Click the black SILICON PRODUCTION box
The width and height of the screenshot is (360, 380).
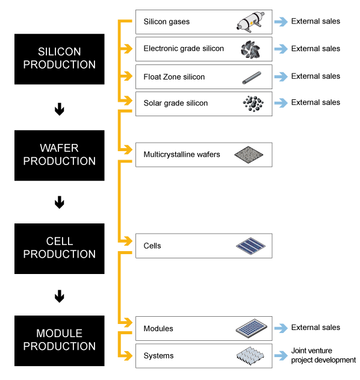(x=60, y=59)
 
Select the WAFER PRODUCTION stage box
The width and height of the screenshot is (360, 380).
(x=60, y=155)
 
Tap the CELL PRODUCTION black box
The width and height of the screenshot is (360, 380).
(x=60, y=249)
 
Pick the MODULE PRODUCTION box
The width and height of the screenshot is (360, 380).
(x=60, y=341)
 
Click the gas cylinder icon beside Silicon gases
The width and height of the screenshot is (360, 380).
(x=250, y=22)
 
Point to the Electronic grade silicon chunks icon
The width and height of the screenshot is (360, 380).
(x=250, y=49)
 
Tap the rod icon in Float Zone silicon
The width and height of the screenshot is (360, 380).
(x=252, y=78)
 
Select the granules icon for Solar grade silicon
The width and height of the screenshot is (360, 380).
(x=253, y=104)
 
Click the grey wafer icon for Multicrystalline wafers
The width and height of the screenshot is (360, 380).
(x=249, y=155)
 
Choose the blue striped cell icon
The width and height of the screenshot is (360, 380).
(x=251, y=246)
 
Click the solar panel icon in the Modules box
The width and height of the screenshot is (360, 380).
(x=252, y=328)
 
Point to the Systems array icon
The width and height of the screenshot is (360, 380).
(x=250, y=356)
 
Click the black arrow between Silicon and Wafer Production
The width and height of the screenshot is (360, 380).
(x=60, y=109)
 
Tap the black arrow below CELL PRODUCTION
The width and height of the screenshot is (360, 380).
(x=60, y=296)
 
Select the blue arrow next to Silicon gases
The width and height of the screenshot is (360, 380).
(x=281, y=22)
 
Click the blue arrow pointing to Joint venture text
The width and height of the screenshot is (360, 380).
(x=281, y=355)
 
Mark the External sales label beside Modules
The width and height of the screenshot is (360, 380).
(x=315, y=328)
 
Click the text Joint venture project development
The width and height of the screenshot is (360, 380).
(x=323, y=355)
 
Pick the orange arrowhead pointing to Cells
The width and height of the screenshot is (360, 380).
(x=128, y=241)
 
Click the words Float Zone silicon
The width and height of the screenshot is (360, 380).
(x=174, y=77)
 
